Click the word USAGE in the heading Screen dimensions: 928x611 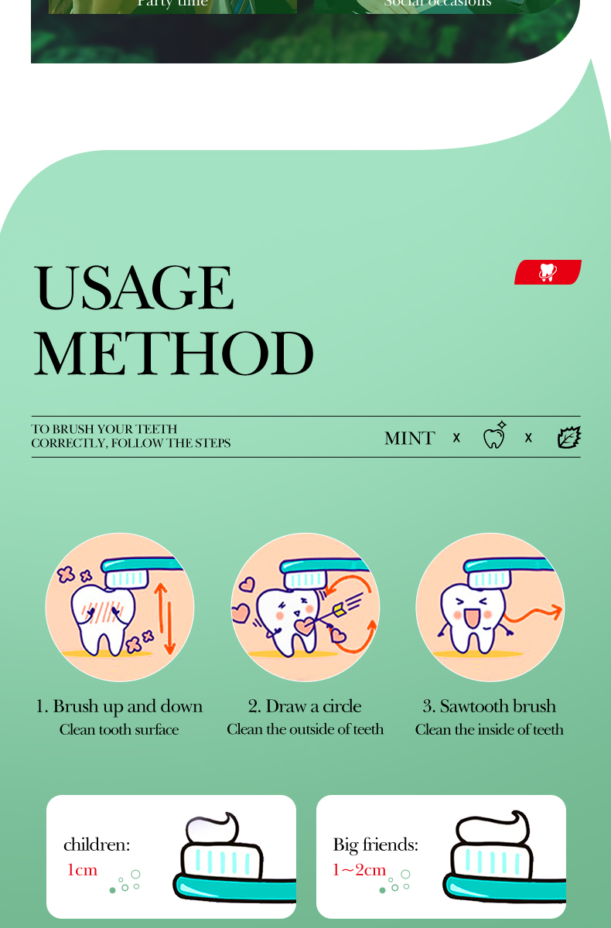[133, 288]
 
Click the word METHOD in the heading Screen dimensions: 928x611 [173, 354]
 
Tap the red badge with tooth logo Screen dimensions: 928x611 [548, 272]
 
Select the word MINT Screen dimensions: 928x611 [409, 438]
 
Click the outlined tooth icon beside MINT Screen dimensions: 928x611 [493, 437]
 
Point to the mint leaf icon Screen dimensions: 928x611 [568, 438]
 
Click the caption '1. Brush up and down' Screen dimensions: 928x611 [119, 706]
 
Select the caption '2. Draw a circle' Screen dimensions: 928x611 [305, 706]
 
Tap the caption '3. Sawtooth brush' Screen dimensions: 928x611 [489, 706]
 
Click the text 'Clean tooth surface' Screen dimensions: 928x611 [119, 729]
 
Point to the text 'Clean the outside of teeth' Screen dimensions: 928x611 [305, 729]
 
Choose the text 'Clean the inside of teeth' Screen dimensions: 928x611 [489, 729]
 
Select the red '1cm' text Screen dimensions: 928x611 [82, 870]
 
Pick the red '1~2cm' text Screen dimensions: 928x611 [359, 870]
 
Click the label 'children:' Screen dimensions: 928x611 [97, 844]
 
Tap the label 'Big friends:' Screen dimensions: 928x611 [375, 844]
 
